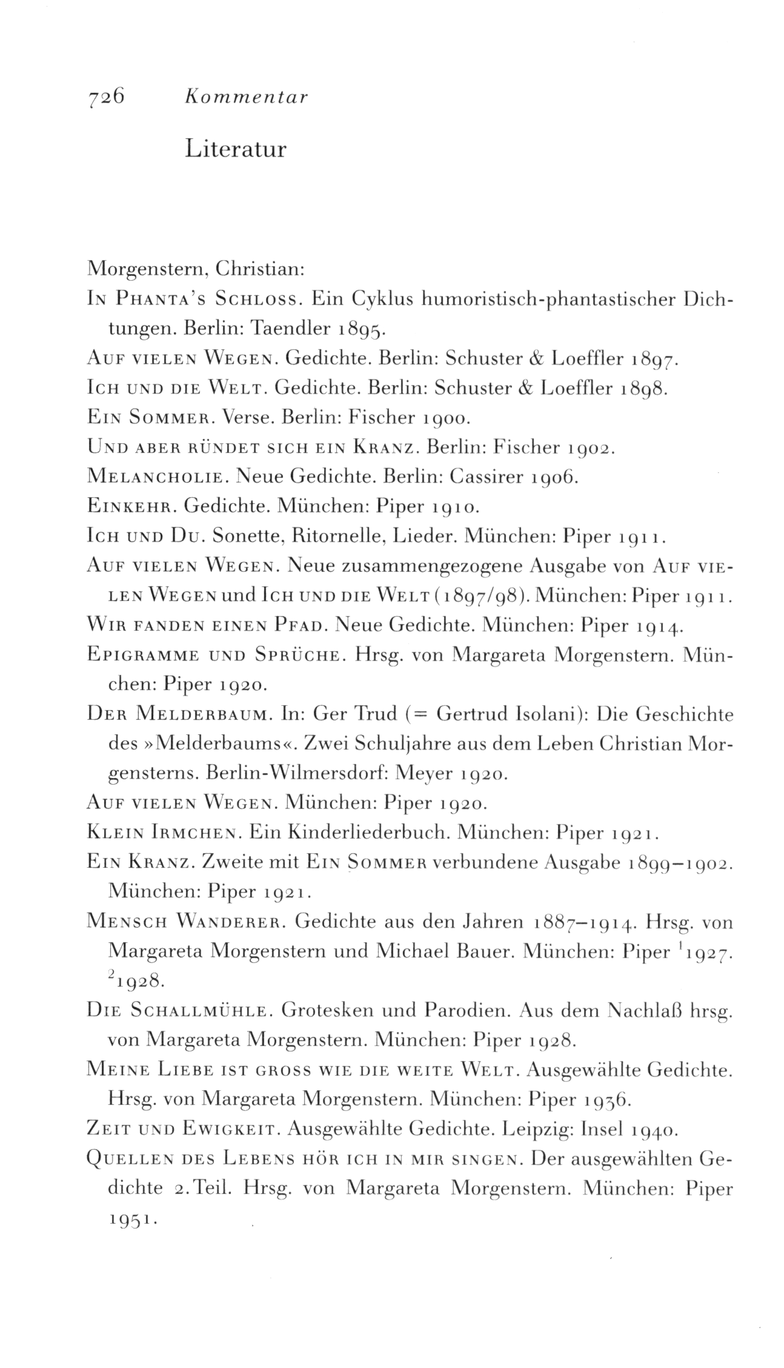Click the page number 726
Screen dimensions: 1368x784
(x=106, y=96)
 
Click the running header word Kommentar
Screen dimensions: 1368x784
(x=247, y=97)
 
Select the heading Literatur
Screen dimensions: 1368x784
(x=236, y=149)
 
